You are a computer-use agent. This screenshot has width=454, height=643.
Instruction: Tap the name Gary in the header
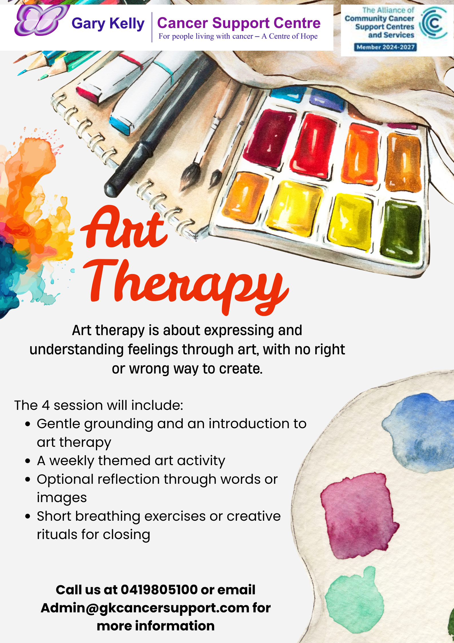(88, 24)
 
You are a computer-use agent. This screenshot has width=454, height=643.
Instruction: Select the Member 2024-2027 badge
(385, 47)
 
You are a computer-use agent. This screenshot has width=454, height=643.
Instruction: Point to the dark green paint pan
(401, 231)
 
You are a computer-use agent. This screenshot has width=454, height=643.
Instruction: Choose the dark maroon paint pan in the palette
(270, 138)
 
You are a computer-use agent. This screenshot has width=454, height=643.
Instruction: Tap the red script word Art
(124, 227)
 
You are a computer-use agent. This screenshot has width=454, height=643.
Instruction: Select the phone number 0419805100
(159, 590)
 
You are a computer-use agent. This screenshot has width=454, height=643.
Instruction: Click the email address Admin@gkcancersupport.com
(145, 608)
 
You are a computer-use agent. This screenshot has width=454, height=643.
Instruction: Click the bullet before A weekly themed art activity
(28, 461)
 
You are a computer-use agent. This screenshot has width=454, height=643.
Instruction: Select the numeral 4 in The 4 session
(46, 405)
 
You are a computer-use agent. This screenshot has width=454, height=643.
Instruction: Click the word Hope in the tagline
(309, 36)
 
